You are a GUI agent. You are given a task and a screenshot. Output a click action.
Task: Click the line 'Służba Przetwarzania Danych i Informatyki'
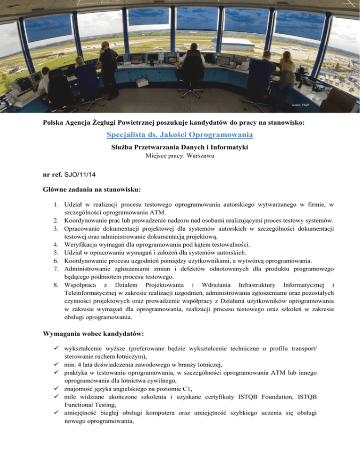(x=180, y=147)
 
